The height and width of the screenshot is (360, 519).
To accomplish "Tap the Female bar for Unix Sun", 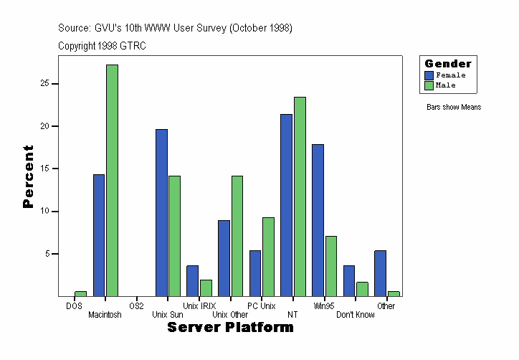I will click(x=161, y=212).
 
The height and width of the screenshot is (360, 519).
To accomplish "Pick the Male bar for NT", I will click(x=300, y=196).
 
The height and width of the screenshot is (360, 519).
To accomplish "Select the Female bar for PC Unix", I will click(x=255, y=273).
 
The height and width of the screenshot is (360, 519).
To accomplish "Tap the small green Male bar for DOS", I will click(x=80, y=293).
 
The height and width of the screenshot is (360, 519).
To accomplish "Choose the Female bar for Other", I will click(x=381, y=273).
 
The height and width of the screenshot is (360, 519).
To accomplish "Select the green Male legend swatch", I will click(x=429, y=85).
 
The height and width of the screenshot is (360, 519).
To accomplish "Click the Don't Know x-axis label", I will click(x=355, y=315).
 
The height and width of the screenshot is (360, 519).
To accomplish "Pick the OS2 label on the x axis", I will click(x=136, y=306).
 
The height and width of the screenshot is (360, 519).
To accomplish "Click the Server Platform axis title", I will click(x=230, y=328).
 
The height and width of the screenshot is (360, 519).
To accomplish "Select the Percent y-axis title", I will click(x=28, y=176).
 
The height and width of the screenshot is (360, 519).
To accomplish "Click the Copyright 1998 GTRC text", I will click(x=103, y=45).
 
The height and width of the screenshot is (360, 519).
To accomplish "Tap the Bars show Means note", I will click(x=454, y=108).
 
